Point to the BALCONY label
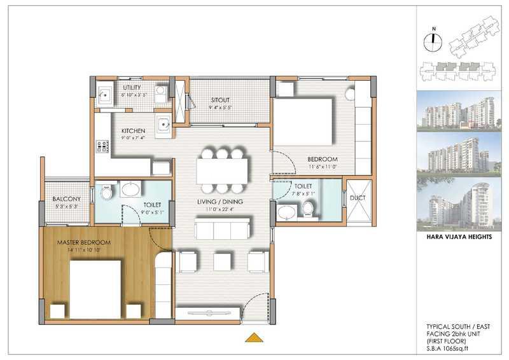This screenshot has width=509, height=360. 66,199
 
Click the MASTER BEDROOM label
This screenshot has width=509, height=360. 84,242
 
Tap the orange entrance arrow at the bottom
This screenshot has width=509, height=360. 254,338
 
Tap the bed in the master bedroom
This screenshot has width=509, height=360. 95,287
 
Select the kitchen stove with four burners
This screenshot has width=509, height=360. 102,148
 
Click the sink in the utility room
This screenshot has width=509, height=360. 105,95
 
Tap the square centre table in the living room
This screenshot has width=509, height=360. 221,261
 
